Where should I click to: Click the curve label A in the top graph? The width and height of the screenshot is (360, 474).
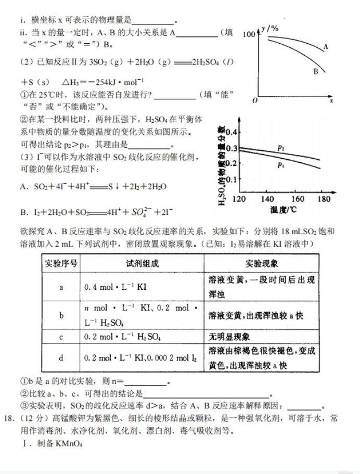tap(326, 47)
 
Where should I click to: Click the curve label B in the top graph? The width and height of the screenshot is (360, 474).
tap(315, 72)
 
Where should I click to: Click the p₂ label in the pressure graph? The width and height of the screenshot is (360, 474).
tap(281, 148)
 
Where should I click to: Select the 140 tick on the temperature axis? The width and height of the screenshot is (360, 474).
tap(267, 199)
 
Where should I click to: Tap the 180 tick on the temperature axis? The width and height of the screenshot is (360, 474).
tap(323, 199)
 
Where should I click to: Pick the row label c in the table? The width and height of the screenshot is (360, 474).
tap(61, 337)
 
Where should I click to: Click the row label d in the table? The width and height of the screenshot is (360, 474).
tap(61, 358)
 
